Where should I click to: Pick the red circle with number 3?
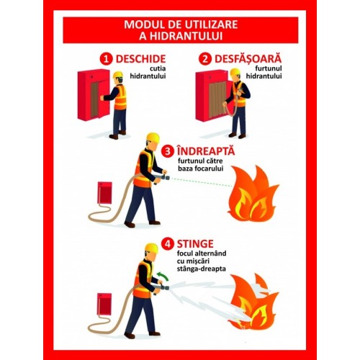point(167,151)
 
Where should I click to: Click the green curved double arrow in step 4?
point(164,276)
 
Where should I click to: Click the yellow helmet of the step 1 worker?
point(117,76)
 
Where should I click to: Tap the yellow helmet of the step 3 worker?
point(152,137)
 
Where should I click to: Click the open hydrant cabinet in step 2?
point(211,95)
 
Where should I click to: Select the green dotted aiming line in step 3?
point(209,184)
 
